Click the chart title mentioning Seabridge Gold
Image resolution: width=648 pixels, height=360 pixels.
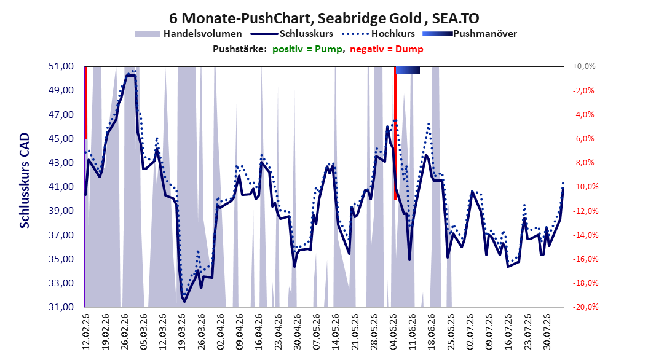click(x=324, y=18)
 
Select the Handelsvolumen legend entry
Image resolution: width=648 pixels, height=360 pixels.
click(x=189, y=34)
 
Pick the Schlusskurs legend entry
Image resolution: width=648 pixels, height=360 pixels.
click(x=292, y=34)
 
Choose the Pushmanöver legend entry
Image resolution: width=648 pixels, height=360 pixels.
click(x=470, y=34)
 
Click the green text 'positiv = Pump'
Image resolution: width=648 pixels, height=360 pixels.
click(x=307, y=49)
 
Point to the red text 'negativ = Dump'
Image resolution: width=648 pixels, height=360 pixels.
click(x=387, y=49)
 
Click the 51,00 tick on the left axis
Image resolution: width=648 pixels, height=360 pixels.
click(x=61, y=66)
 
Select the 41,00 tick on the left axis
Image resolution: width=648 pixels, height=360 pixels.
click(x=61, y=187)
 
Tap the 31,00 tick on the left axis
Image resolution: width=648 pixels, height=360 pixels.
click(x=61, y=307)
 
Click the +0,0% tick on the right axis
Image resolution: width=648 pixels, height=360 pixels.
click(x=584, y=66)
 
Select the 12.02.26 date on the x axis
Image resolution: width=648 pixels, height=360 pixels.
click(x=86, y=332)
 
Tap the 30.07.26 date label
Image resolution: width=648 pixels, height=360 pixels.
click(x=547, y=332)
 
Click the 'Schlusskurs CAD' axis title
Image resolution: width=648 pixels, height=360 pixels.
click(x=25, y=181)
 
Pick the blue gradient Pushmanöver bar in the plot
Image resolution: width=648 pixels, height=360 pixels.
click(x=408, y=70)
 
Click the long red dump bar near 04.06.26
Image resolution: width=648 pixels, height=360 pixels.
click(x=395, y=133)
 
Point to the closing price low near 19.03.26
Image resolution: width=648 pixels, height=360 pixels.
click(x=184, y=301)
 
